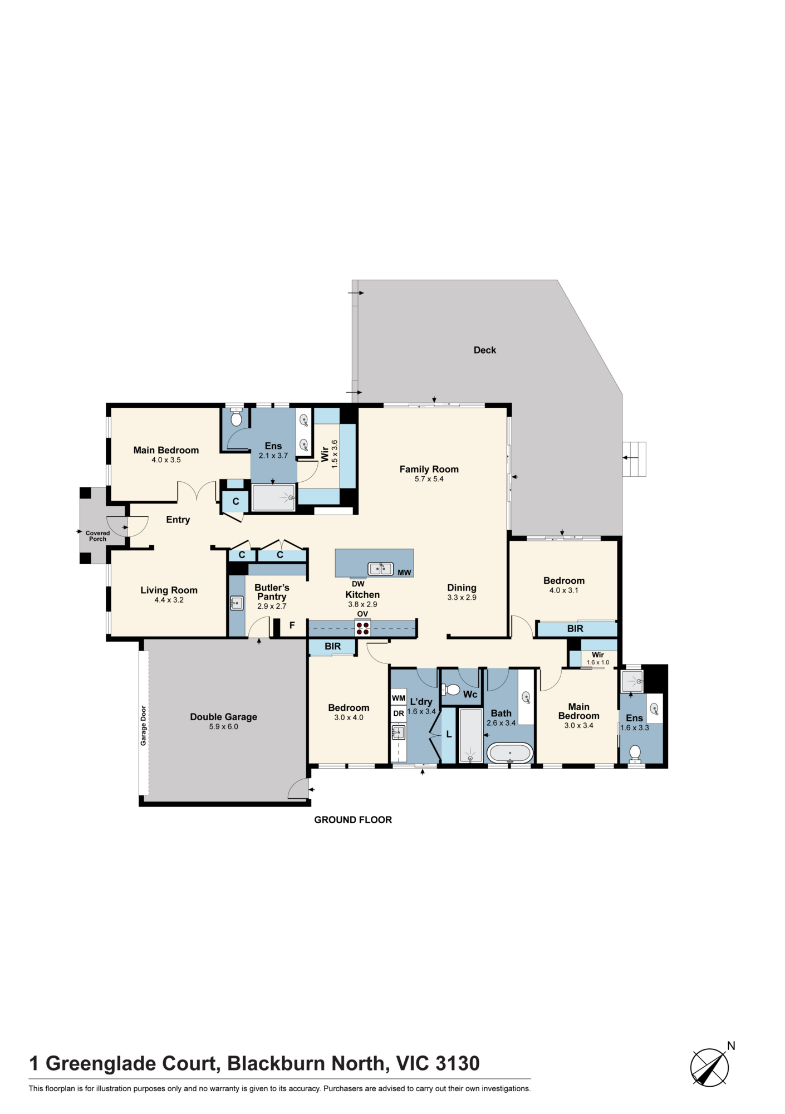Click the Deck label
[x=484, y=350]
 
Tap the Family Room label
[x=429, y=469]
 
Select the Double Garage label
[x=223, y=717]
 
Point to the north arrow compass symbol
[x=710, y=1067]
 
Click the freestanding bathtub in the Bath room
[x=510, y=753]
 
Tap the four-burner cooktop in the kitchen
[x=362, y=628]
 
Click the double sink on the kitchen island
[x=381, y=569]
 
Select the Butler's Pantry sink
[x=237, y=603]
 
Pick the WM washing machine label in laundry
[x=399, y=698]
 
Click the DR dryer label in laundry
[x=399, y=713]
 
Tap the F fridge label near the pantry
[x=292, y=626]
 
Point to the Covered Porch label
[x=97, y=536]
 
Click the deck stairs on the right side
[x=634, y=459]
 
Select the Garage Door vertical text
[x=143, y=726]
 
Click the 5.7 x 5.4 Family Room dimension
[x=429, y=479]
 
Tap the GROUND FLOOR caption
[x=353, y=820]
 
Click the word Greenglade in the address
[x=131, y=1064]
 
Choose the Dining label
[x=462, y=588]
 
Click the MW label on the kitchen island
[x=404, y=573]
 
